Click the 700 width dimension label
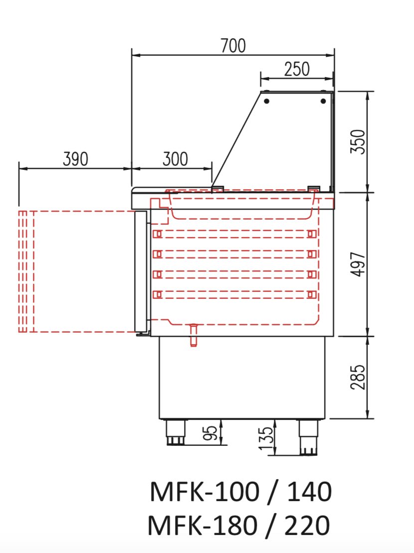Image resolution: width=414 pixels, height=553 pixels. point(233,45)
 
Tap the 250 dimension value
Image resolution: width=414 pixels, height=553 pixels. point(297,69)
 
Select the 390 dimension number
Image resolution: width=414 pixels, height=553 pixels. point(75,159)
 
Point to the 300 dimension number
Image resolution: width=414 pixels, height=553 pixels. point(175,159)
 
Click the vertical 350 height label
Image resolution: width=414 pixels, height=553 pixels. point(358,141)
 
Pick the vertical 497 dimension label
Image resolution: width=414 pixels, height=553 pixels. point(358,265)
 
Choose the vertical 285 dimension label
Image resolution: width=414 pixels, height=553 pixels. point(358,377)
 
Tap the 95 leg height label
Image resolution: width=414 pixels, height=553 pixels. point(210,433)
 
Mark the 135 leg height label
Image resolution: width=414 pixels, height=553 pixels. point(266,438)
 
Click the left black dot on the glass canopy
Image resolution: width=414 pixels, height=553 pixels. point(267,101)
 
